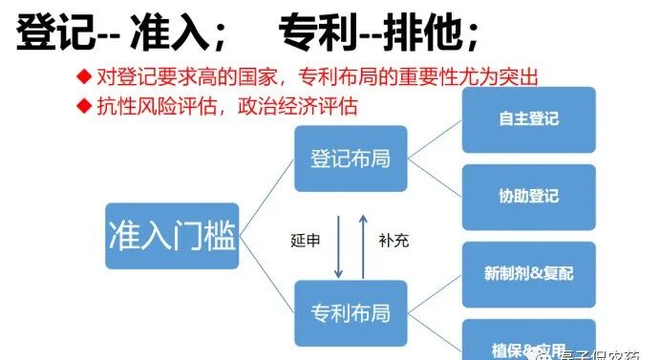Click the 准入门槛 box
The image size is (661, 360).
click(172, 233)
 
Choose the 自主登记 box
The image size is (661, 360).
click(528, 119)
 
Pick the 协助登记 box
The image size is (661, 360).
click(528, 197)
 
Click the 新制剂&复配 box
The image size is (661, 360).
click(528, 274)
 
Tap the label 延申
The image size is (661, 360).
click(305, 241)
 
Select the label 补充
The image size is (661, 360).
click(393, 241)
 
